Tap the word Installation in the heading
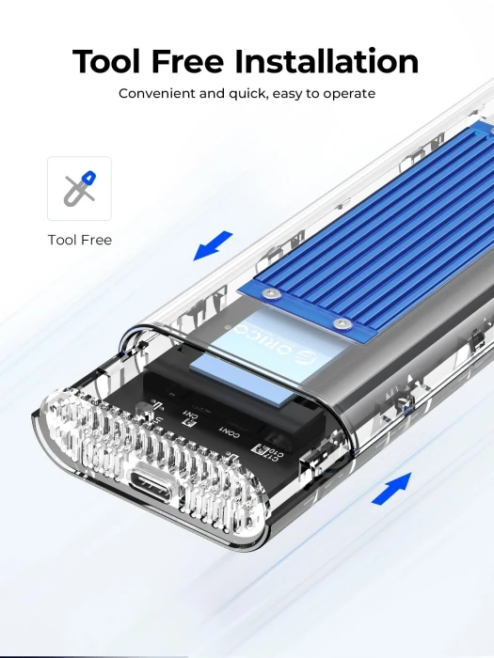pyautogui.click(x=326, y=61)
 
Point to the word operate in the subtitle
pyautogui.click(x=348, y=94)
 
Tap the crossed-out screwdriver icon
pyautogui.click(x=79, y=189)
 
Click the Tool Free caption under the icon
pyautogui.click(x=80, y=241)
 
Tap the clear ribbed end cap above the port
pyautogui.click(x=141, y=451)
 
